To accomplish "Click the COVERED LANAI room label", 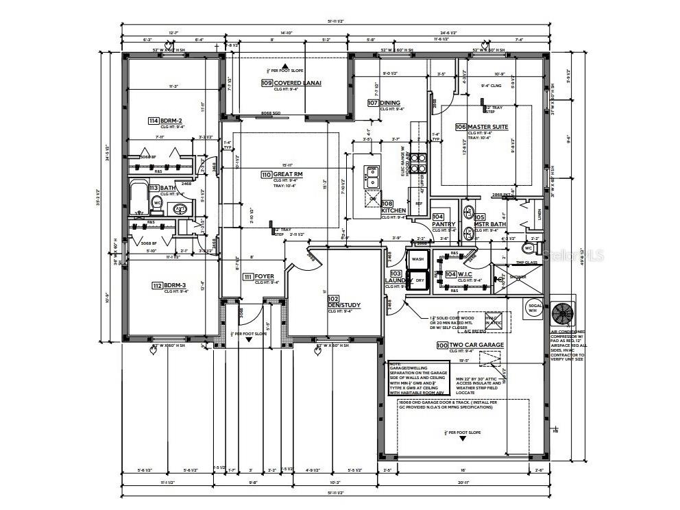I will [298, 83].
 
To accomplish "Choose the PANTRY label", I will [444, 223].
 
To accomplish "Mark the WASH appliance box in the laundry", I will [417, 260].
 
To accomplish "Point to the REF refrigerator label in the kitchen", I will [418, 204].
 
